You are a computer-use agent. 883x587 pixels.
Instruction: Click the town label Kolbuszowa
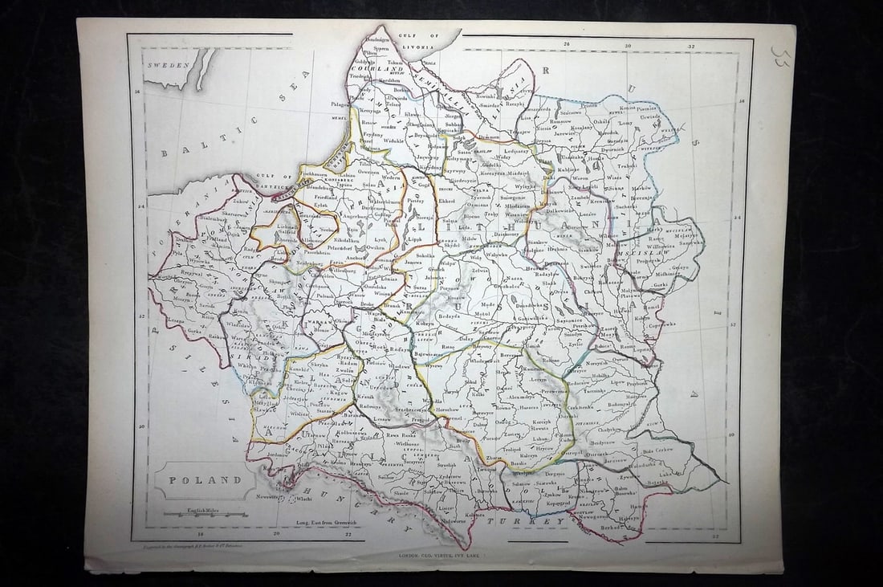[x=353, y=433]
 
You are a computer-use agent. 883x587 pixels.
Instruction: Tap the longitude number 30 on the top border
[x=628, y=45]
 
